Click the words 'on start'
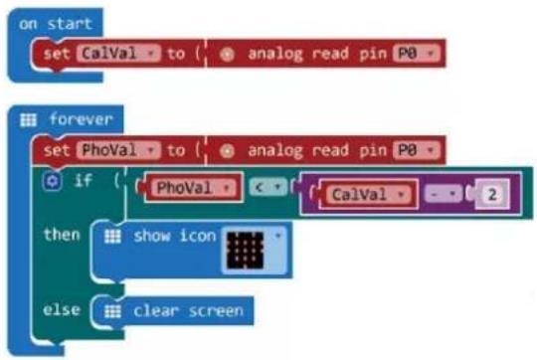pyautogui.click(x=56, y=24)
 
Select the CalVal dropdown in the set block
pyautogui.click(x=118, y=54)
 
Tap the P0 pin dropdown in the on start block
pyautogui.click(x=417, y=54)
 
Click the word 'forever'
pyautogui.click(x=81, y=119)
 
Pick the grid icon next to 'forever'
pyautogui.click(x=28, y=120)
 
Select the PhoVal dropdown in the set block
pyautogui.click(x=118, y=150)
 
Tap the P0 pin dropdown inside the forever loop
pyautogui.click(x=417, y=150)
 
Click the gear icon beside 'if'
pyautogui.click(x=53, y=181)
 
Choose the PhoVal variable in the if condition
pyautogui.click(x=193, y=187)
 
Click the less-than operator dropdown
pyautogui.click(x=268, y=187)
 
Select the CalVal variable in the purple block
pyautogui.click(x=368, y=195)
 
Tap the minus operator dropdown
pyautogui.click(x=444, y=194)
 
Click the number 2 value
pyautogui.click(x=492, y=195)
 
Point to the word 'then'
pyautogui.click(x=62, y=235)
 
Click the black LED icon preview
pyautogui.click(x=245, y=251)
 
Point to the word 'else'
pyautogui.click(x=62, y=310)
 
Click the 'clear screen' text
pyautogui.click(x=188, y=310)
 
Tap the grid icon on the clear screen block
pyautogui.click(x=112, y=311)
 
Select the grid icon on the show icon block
pyautogui.click(x=112, y=236)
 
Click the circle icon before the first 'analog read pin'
pyautogui.click(x=227, y=54)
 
